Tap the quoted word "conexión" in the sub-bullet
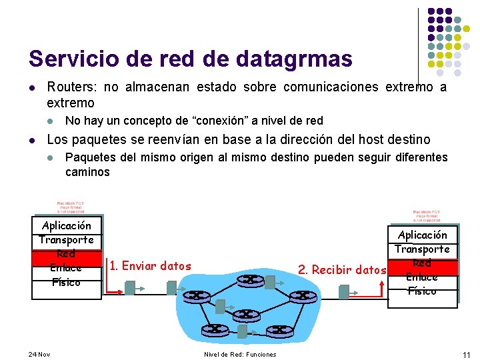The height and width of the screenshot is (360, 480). (x=222, y=121)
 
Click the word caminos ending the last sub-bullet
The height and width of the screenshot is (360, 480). (x=87, y=172)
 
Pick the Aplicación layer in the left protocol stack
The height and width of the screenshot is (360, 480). (x=66, y=225)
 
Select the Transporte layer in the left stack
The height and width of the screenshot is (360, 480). (x=66, y=239)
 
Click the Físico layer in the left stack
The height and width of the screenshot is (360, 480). (x=66, y=282)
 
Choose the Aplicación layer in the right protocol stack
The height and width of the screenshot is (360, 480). (x=423, y=235)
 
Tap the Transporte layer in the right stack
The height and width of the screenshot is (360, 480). (x=423, y=249)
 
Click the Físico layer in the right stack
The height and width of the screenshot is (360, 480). (x=423, y=291)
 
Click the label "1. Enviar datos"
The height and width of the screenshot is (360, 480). (x=150, y=266)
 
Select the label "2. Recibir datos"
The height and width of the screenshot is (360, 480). (x=342, y=270)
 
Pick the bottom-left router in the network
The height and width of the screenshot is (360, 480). (x=215, y=329)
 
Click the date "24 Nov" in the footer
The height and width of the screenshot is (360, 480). (x=39, y=353)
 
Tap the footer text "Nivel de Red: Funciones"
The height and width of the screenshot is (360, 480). (x=240, y=354)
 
